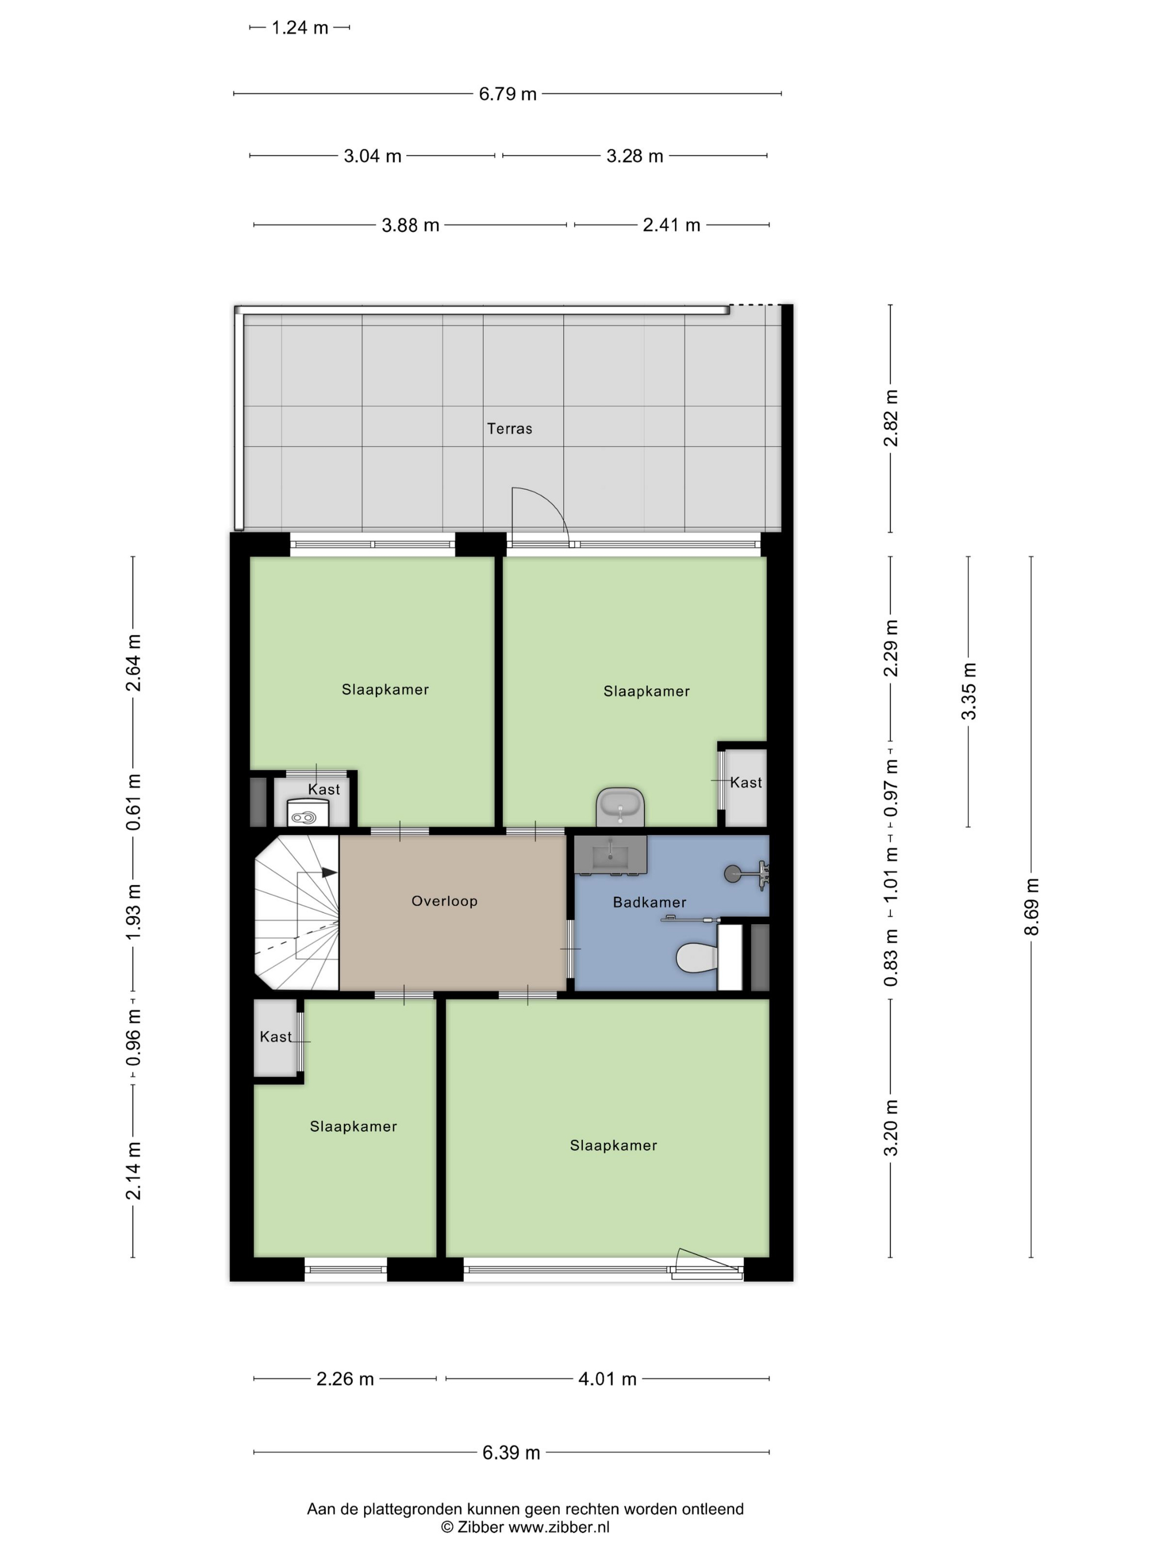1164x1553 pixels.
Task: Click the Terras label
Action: pyautogui.click(x=509, y=428)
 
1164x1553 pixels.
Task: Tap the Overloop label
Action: pyautogui.click(x=444, y=901)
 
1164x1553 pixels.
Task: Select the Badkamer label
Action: pyautogui.click(x=649, y=902)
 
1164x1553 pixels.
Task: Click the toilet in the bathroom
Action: pyautogui.click(x=697, y=957)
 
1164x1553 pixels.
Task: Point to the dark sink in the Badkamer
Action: pyautogui.click(x=610, y=855)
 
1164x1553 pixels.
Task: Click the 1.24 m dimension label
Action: pyautogui.click(x=300, y=28)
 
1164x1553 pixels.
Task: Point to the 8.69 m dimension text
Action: pyautogui.click(x=1030, y=906)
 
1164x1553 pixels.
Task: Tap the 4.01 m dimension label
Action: pyautogui.click(x=607, y=1379)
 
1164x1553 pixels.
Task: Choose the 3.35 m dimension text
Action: pyautogui.click(x=968, y=691)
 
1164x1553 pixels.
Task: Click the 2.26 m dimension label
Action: pyautogui.click(x=345, y=1379)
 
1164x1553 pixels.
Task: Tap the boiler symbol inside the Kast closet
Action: pyautogui.click(x=304, y=817)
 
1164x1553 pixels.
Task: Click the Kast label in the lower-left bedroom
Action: pyautogui.click(x=275, y=1036)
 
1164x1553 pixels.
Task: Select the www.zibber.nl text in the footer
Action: pyautogui.click(x=559, y=1526)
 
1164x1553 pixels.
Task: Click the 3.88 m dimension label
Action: pyautogui.click(x=411, y=225)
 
